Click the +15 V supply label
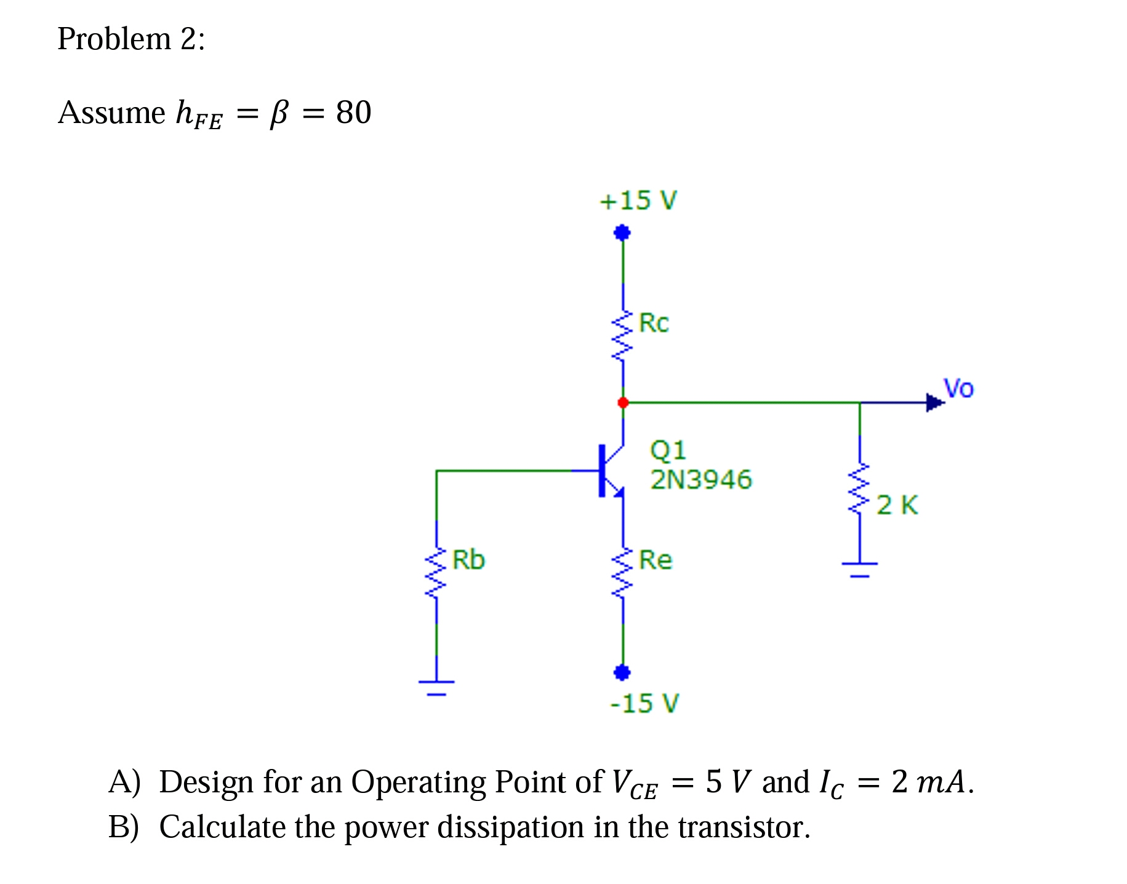click(x=638, y=201)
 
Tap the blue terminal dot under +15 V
click(x=622, y=233)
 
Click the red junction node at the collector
click(x=623, y=402)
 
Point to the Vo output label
click(x=958, y=388)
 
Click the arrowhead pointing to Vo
click(x=934, y=403)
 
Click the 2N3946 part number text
click(x=701, y=479)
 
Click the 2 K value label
click(x=897, y=505)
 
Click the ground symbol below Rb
click(x=436, y=687)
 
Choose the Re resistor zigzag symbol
click(x=622, y=572)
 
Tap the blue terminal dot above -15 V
click(x=622, y=672)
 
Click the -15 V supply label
click(x=644, y=703)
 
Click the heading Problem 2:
click(x=131, y=39)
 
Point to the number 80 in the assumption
click(x=353, y=113)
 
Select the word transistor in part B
click(x=744, y=827)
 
